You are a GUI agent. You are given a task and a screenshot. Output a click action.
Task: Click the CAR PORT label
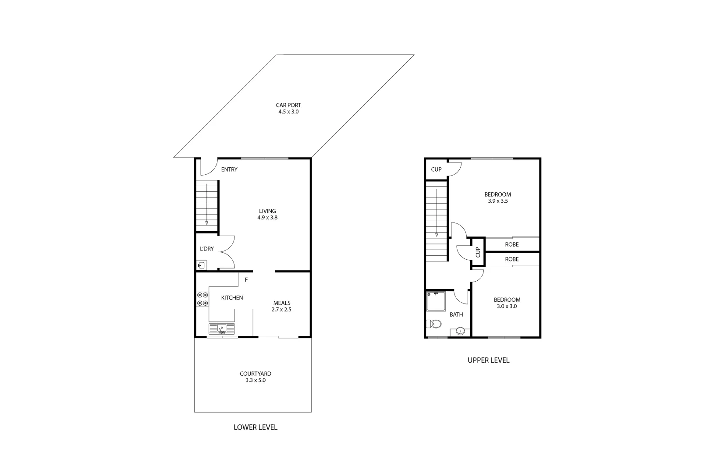[x=288, y=105]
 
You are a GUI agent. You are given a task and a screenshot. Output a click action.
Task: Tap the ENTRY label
[x=229, y=169]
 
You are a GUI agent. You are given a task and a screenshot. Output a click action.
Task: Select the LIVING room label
[x=267, y=211]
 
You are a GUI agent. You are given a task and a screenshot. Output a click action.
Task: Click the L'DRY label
[x=207, y=249]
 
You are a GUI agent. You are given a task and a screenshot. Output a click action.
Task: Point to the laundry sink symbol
[x=202, y=265]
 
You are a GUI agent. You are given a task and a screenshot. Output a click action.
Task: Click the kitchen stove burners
[x=202, y=299]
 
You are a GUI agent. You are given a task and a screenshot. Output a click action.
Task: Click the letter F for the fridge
[x=246, y=279]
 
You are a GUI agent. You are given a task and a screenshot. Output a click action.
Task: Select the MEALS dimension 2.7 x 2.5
[x=281, y=310]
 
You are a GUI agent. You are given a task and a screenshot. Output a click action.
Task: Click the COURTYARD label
[x=256, y=374]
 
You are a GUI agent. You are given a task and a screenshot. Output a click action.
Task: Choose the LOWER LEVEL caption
[x=256, y=427]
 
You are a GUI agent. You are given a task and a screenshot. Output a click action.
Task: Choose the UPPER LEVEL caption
[x=489, y=360]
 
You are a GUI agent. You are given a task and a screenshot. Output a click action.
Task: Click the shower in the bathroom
[x=436, y=301]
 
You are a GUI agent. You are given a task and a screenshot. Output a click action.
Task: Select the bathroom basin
[x=460, y=331]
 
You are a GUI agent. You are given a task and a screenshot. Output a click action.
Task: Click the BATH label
[x=456, y=314]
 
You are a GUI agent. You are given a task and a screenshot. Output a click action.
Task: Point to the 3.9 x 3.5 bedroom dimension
[x=497, y=201]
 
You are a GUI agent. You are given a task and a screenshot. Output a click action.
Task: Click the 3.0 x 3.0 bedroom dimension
[x=507, y=307]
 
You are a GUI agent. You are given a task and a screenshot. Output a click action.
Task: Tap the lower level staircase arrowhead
[x=207, y=223]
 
